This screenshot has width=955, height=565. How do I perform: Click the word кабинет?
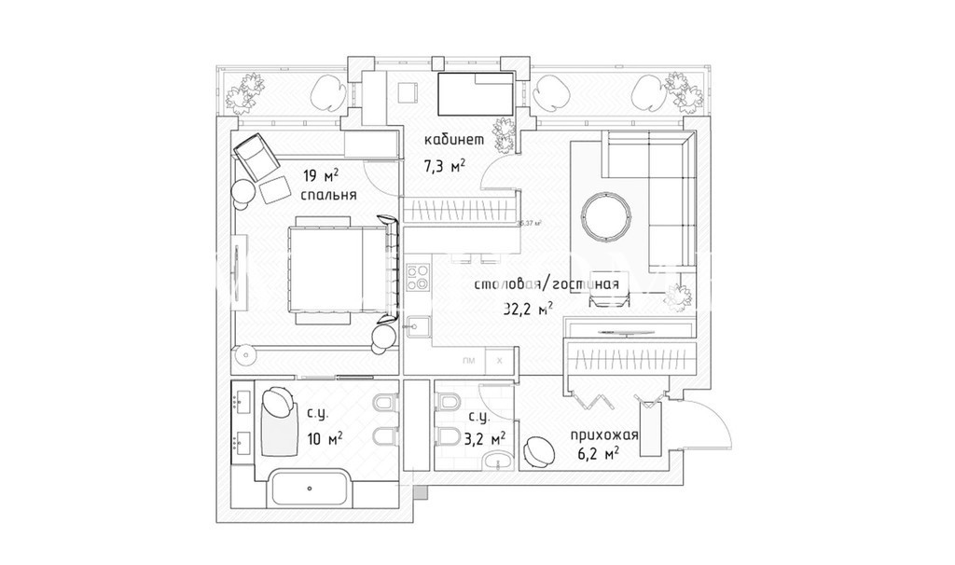pyautogui.click(x=454, y=141)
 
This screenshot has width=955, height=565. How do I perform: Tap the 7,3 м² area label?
pyautogui.click(x=444, y=166)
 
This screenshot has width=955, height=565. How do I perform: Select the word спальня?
pyautogui.click(x=329, y=196)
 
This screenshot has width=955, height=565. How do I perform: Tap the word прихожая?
pyautogui.click(x=604, y=434)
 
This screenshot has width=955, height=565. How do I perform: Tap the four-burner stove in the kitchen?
pyautogui.click(x=417, y=278)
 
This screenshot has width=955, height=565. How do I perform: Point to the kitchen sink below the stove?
pyautogui.click(x=417, y=326)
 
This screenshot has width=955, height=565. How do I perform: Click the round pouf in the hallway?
pyautogui.click(x=540, y=451)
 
